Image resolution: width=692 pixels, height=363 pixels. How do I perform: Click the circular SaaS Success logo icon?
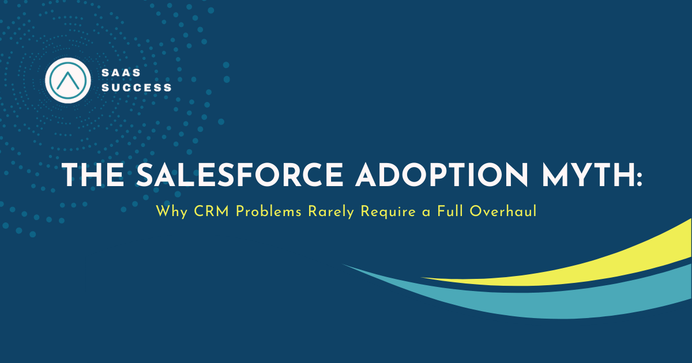pos(68,80)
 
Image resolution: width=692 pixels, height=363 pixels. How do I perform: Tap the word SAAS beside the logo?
pos(121,73)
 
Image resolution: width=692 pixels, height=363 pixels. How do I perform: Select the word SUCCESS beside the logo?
pos(136,88)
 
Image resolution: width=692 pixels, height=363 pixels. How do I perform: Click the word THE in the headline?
pos(93,175)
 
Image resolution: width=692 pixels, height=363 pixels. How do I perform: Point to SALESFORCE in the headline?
pos(240,175)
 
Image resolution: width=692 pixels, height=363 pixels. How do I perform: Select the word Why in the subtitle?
pos(172,213)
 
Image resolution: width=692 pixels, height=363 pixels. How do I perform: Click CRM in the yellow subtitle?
pos(212,211)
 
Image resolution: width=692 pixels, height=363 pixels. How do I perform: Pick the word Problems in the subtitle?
pos(269,211)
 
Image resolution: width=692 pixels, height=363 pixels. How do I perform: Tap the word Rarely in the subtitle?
pos(331,213)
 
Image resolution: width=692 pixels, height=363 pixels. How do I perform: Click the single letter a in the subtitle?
pos(426,213)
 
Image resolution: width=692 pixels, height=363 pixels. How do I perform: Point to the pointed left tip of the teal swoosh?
pos(343,264)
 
